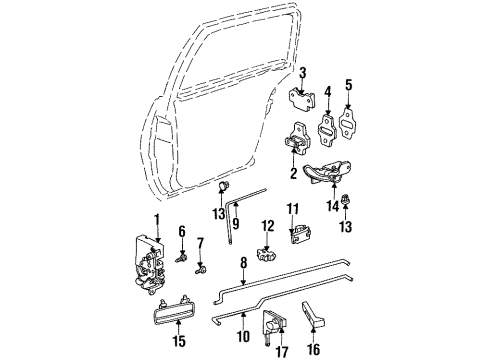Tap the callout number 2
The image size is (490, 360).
293,172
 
